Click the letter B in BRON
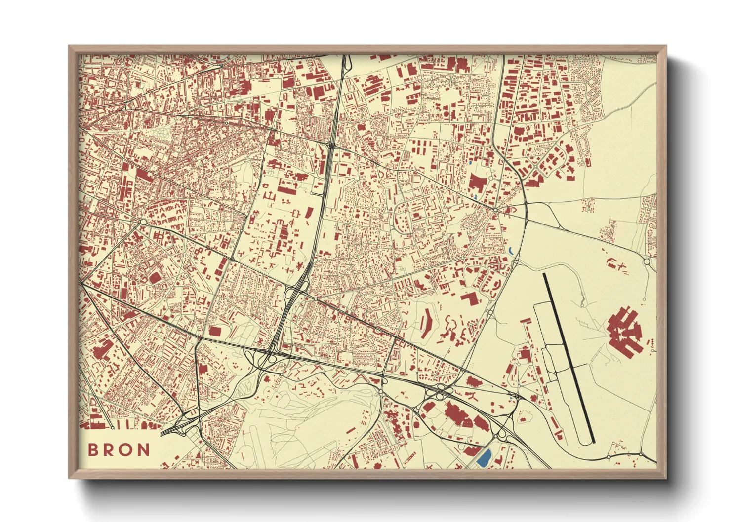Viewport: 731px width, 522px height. point(93,450)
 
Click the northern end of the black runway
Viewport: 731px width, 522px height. point(545,275)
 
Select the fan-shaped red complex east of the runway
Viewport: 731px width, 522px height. point(625,331)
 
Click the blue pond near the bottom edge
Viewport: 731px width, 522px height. point(484,458)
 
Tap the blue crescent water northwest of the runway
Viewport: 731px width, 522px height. point(511,251)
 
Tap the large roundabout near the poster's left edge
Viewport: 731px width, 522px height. point(143,223)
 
